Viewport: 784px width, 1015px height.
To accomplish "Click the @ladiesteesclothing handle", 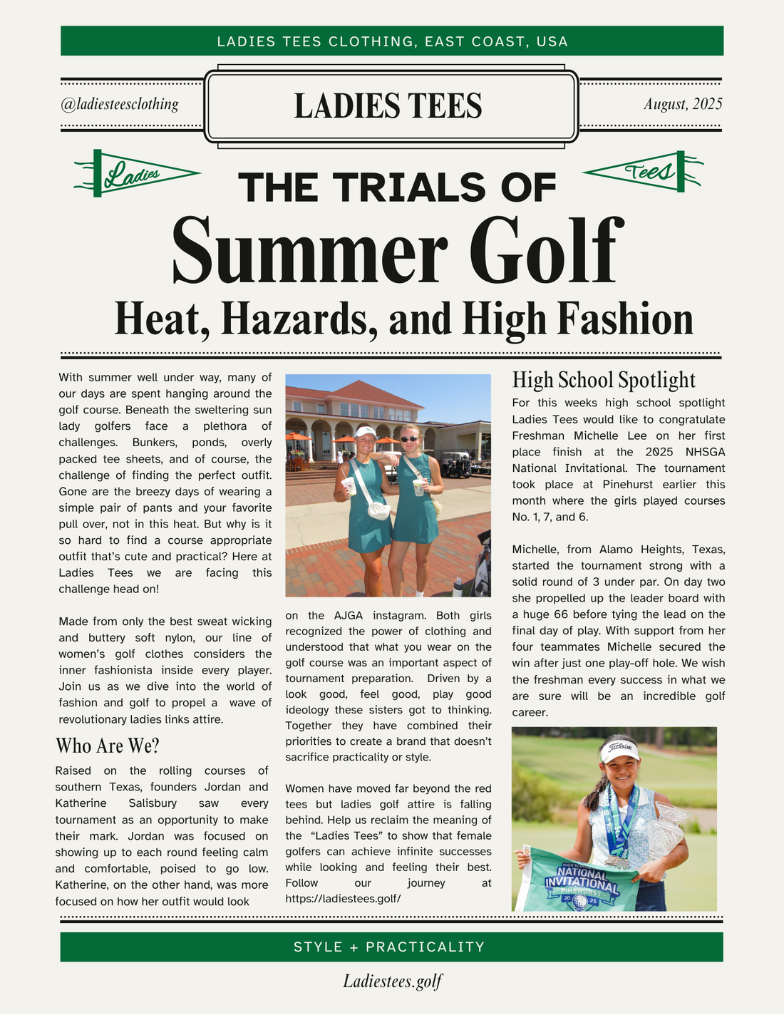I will [120, 104].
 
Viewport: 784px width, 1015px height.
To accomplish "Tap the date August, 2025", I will [683, 104].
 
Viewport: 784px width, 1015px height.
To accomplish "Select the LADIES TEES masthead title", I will [388, 105].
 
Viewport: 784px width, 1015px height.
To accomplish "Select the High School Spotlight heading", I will [604, 380].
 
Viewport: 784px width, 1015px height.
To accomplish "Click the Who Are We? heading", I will [108, 746].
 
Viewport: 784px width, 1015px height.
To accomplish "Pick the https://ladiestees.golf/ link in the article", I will [343, 899].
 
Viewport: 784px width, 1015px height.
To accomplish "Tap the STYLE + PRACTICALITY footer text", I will [389, 947].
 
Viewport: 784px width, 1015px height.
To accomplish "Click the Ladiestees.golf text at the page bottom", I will [393, 981].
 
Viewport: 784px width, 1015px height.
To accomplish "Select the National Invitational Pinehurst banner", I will [582, 882].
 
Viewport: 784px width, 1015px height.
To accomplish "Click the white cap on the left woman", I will [365, 431].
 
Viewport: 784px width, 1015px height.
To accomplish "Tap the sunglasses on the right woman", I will [409, 438].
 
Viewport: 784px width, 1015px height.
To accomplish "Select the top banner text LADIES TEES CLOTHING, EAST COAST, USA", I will [392, 41].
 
